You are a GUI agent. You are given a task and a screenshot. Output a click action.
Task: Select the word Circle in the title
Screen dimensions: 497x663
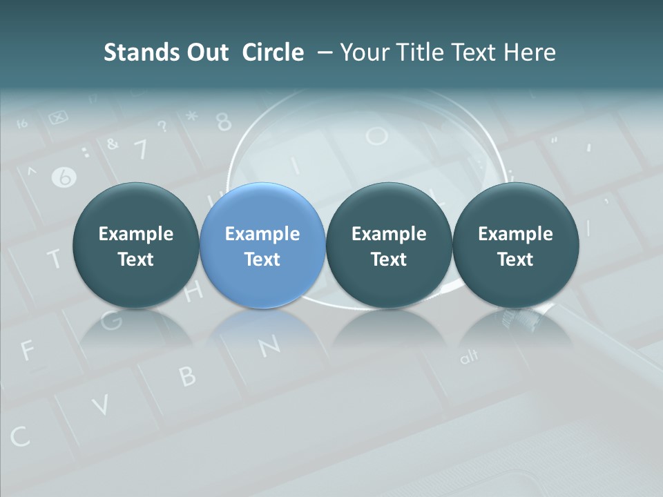tap(273, 52)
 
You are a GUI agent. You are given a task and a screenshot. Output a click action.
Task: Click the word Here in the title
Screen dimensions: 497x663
tap(530, 52)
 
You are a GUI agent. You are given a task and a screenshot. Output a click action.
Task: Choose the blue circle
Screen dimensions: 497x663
tap(262, 246)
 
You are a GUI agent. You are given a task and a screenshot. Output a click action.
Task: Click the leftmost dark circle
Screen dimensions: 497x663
tap(135, 246)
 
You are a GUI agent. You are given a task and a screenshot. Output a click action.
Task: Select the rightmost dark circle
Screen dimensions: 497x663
tap(516, 246)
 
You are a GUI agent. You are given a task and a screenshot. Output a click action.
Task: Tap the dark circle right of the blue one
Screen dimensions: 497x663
tap(389, 246)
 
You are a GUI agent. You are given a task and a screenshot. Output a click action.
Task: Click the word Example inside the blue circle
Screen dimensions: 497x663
tap(262, 234)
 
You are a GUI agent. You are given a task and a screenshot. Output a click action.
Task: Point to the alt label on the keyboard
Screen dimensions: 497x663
tap(469, 357)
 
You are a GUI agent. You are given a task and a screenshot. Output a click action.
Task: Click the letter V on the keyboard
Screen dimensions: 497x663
tap(101, 404)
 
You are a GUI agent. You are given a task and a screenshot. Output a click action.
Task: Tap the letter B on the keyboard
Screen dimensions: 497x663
tap(187, 376)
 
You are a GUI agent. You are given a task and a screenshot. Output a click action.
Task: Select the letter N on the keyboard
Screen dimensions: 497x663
tap(270, 344)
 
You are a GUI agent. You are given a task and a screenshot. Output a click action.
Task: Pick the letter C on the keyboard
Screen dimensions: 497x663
tap(20, 436)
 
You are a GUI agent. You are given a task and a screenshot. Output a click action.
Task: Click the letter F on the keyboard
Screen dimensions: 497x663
tap(27, 351)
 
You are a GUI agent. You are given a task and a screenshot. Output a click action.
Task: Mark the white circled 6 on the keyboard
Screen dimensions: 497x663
tap(64, 177)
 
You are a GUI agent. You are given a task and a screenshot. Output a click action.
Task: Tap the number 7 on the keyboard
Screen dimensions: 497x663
tap(140, 148)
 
